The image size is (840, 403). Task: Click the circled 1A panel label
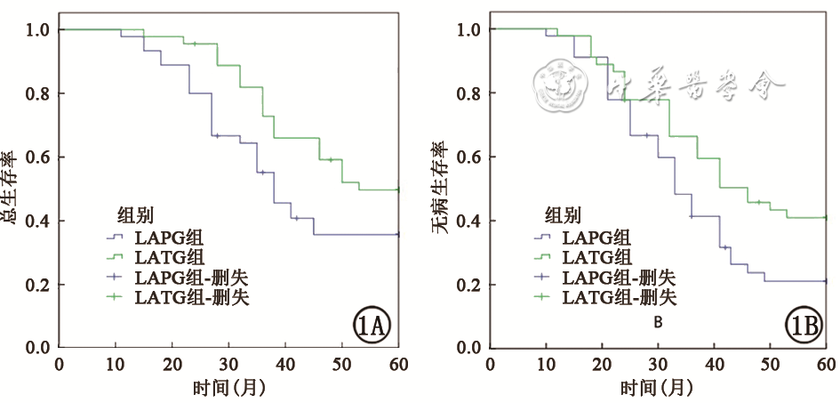pyautogui.click(x=370, y=326)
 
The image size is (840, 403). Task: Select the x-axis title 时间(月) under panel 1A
pyautogui.click(x=228, y=388)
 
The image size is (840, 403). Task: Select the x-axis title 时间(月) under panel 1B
pyautogui.click(x=659, y=388)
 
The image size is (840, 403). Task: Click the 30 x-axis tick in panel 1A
pyautogui.click(x=228, y=364)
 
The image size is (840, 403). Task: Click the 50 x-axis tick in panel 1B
pyautogui.click(x=771, y=364)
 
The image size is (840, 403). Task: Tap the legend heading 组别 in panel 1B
pyautogui.click(x=563, y=214)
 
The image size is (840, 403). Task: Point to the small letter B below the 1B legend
pyautogui.click(x=658, y=321)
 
